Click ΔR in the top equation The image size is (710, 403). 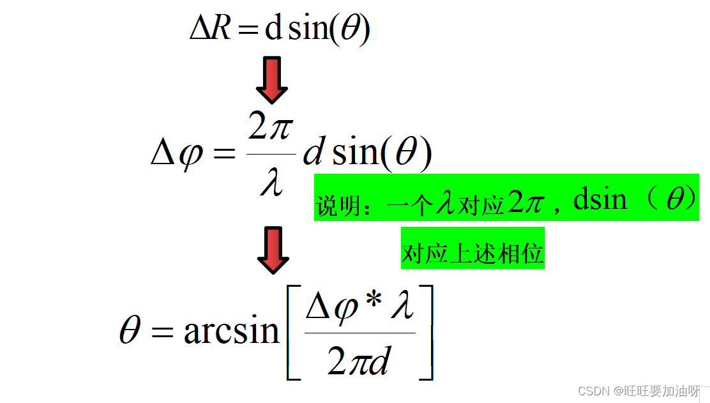coord(210,29)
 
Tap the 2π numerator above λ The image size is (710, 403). coord(270,130)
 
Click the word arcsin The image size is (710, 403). coord(231,331)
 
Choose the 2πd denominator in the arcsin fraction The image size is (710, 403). coord(359,361)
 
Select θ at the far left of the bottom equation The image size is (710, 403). coord(130,331)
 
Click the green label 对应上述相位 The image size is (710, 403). coord(472,254)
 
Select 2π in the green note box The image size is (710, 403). coord(525,203)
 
